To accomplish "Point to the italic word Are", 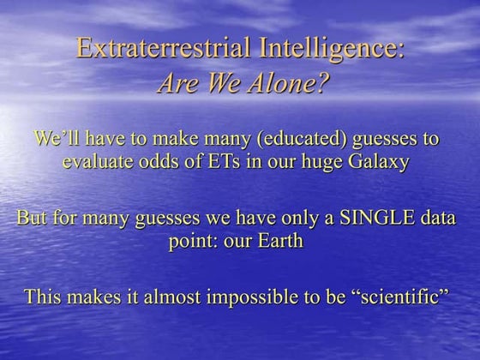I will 178,84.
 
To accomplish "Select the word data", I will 445,217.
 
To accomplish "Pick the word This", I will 44,297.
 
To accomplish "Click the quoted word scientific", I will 408,297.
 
